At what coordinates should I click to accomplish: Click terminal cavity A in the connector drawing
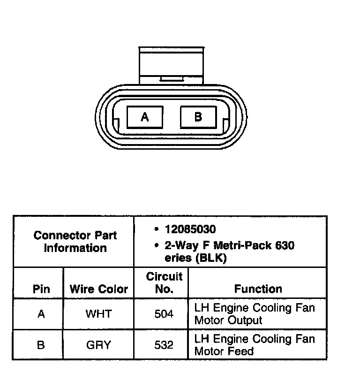[x=145, y=117]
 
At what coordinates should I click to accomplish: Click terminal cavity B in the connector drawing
[x=198, y=117]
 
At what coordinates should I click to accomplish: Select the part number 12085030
[x=190, y=229]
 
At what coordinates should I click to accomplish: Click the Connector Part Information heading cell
[x=75, y=241]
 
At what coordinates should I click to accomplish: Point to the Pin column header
[x=41, y=289]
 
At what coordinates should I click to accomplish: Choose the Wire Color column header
[x=98, y=289]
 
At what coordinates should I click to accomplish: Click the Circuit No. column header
[x=164, y=283]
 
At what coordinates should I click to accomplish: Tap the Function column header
[x=258, y=289]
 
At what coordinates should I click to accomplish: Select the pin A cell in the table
[x=41, y=314]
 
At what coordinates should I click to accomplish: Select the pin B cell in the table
[x=41, y=345]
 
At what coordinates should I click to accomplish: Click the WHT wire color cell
[x=98, y=314]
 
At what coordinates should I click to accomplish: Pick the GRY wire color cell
[x=98, y=345]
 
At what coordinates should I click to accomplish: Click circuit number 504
[x=164, y=314]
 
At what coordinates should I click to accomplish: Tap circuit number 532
[x=164, y=345]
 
